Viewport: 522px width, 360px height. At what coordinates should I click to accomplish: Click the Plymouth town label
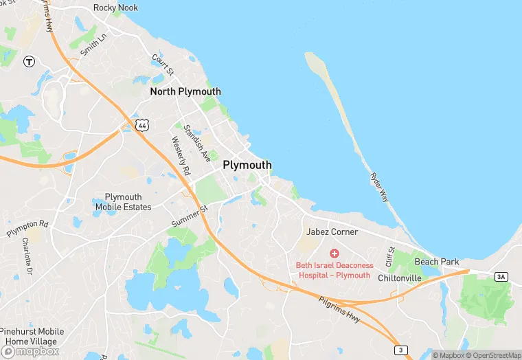point(247,165)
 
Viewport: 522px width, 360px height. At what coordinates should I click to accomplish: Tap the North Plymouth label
point(185,91)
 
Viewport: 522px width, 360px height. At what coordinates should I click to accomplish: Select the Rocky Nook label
point(115,8)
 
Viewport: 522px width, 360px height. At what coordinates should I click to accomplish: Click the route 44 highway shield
point(142,124)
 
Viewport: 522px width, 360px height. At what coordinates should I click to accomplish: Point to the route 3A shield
point(501,276)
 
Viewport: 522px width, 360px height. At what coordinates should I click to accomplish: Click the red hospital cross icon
point(334,254)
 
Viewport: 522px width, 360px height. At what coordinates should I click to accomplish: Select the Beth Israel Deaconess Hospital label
point(334,270)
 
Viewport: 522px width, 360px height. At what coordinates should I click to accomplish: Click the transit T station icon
point(29,62)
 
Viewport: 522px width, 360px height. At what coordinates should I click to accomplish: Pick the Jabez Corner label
point(332,232)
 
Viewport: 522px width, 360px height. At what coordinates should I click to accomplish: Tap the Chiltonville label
point(399,278)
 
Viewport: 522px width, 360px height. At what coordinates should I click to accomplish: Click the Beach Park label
point(436,262)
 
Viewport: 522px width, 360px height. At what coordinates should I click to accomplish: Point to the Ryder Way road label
point(378,187)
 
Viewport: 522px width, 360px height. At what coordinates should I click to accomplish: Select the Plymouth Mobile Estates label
point(123,202)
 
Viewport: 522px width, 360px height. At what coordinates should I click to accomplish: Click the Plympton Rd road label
point(27,229)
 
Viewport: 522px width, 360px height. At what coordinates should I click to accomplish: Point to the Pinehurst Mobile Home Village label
point(32,337)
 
